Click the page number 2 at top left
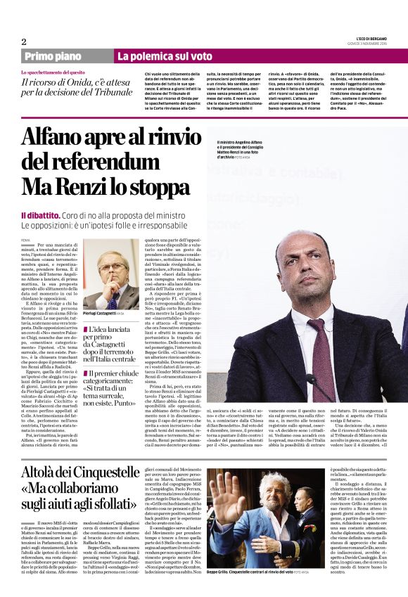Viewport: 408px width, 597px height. coord(24,41)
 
